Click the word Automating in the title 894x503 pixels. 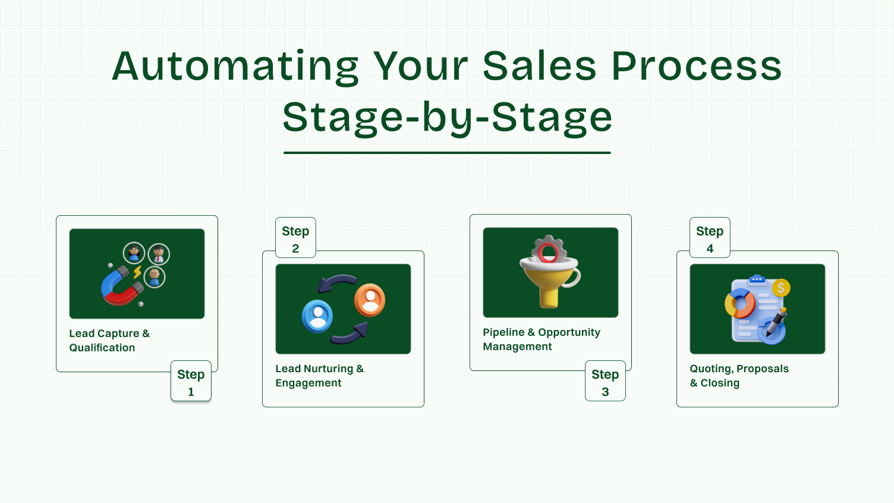pyautogui.click(x=235, y=67)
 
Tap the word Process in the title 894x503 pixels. pyautogui.click(x=696, y=67)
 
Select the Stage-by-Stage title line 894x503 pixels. pyautogui.click(x=447, y=118)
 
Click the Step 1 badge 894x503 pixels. pyautogui.click(x=191, y=381)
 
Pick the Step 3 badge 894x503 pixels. pyautogui.click(x=605, y=381)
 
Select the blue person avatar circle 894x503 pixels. pyautogui.click(x=317, y=316)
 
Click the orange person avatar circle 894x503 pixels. pyautogui.click(x=370, y=300)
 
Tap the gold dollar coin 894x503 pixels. pyautogui.click(x=780, y=288)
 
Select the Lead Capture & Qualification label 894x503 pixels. pyautogui.click(x=109, y=341)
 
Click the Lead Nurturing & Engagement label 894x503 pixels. pyautogui.click(x=319, y=376)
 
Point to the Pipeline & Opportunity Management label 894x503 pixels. pyautogui.click(x=541, y=339)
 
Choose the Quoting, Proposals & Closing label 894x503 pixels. pyautogui.click(x=739, y=376)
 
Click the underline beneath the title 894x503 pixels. pyautogui.click(x=447, y=153)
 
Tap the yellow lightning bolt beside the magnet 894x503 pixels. pyautogui.click(x=137, y=272)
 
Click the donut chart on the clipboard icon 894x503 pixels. pyautogui.click(x=740, y=304)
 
